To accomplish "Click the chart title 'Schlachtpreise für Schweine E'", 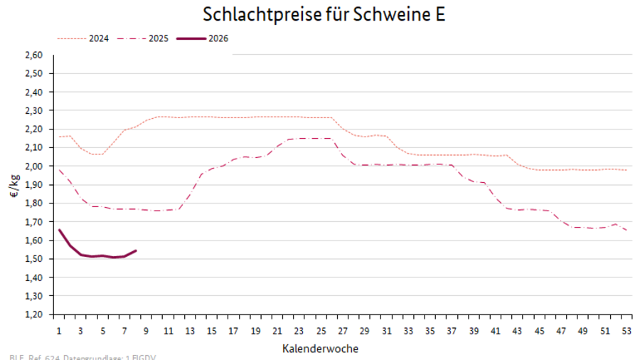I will click(324, 14).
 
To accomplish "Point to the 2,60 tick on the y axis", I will click(34, 55).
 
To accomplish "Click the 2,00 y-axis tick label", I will click(34, 166).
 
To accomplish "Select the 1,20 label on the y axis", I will click(34, 314).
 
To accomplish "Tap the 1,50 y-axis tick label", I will click(34, 258).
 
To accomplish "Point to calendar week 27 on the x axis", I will click(343, 330).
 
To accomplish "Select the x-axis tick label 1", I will click(59, 330).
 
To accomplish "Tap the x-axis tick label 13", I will click(190, 330).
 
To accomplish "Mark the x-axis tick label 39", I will click(473, 330).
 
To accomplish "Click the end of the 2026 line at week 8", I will click(136, 250).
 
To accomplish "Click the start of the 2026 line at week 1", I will click(59, 229).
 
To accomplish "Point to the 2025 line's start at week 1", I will click(59, 169).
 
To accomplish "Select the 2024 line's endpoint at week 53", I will click(626, 170).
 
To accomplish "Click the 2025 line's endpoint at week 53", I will click(626, 230).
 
